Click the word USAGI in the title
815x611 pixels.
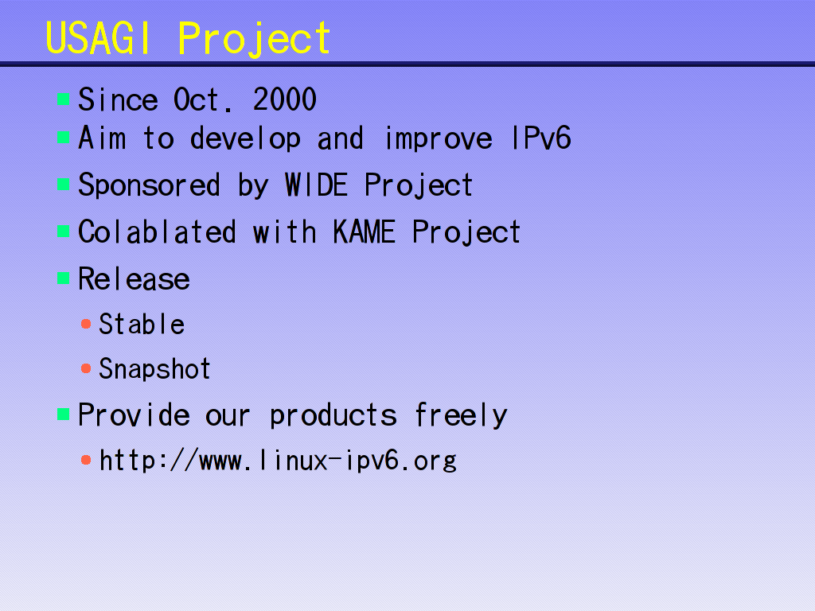[98, 38]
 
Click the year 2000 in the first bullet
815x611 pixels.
[285, 99]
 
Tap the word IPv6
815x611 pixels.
[541, 138]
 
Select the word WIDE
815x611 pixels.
[316, 185]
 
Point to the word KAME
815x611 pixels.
[364, 232]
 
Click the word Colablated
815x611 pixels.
[157, 232]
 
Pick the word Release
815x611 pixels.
[134, 278]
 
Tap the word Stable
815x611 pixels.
[142, 324]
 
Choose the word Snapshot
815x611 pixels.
[154, 369]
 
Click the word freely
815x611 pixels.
[461, 415]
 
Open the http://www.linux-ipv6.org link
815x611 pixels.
[278, 461]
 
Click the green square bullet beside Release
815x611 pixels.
[64, 278]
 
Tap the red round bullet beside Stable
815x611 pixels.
[86, 325]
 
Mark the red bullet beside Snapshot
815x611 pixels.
[86, 369]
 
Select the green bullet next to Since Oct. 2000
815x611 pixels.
[64, 99]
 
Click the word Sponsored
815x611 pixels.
[149, 185]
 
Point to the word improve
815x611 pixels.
[439, 138]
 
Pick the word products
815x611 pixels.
[333, 415]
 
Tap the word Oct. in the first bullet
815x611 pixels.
[202, 99]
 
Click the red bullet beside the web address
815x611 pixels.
[86, 460]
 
